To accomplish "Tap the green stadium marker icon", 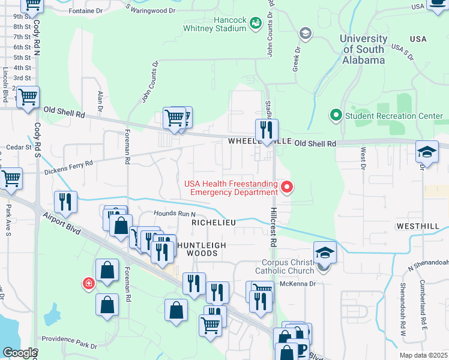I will (256, 23).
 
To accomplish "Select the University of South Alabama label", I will (363, 49).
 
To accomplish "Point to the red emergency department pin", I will (287, 188).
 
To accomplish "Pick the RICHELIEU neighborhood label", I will (212, 222).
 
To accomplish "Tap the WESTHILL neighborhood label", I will (415, 226).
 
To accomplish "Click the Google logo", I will (19, 353).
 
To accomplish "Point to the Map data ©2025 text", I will (423, 355).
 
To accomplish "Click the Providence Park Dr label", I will (70, 346).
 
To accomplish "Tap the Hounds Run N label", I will (175, 214).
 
